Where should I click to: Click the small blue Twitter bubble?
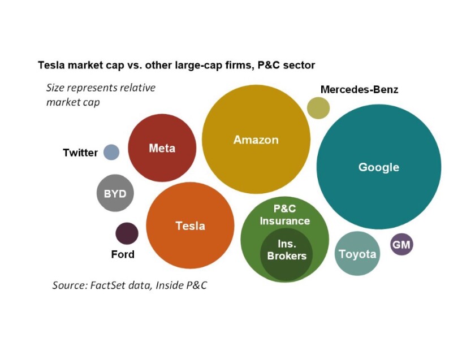tap(111, 152)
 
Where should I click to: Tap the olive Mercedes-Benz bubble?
tap(318, 108)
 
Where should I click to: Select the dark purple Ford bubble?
tap(127, 233)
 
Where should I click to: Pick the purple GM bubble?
tap(401, 245)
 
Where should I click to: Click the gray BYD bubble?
tap(115, 194)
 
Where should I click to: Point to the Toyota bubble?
tap(357, 254)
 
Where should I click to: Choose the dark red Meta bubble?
tap(162, 148)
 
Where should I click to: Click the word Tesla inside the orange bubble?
tap(190, 226)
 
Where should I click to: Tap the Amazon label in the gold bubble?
tap(256, 140)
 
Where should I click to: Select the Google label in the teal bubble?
tap(378, 167)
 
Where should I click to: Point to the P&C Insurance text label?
tap(284, 215)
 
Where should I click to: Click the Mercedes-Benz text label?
tap(359, 89)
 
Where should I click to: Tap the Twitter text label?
tap(80, 153)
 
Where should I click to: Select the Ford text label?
tap(123, 254)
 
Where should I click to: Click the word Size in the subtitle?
tap(55, 88)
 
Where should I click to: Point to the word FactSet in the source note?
tap(108, 285)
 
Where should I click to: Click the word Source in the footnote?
tap(69, 285)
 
